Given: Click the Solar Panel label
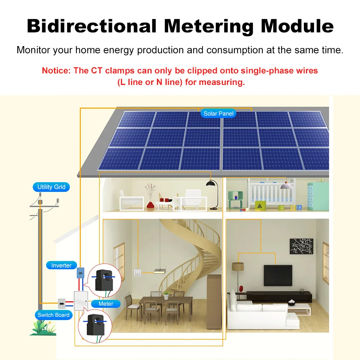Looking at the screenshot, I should click(219, 114).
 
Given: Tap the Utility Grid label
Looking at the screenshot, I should click(51, 187).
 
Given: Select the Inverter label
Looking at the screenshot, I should click(61, 265).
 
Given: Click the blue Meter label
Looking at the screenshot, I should click(106, 304).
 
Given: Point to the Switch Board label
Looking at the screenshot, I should click(54, 315).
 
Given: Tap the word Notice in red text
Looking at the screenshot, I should click(56, 71).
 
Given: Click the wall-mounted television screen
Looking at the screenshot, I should click(278, 275).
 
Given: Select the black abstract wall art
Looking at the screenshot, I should click(301, 246).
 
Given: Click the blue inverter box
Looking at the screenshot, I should click(81, 273).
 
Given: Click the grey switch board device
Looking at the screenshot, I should click(62, 303).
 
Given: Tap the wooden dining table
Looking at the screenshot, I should click(165, 300).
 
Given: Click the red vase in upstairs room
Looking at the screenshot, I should click(151, 205).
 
